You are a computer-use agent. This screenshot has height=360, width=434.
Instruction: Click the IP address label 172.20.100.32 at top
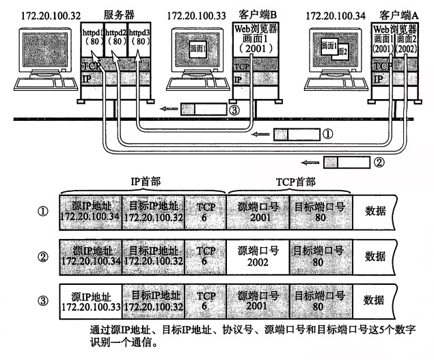(x=41, y=14)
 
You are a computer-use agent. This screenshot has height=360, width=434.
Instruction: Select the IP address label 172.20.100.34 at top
(x=334, y=14)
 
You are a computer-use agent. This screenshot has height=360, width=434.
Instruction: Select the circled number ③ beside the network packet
(x=234, y=109)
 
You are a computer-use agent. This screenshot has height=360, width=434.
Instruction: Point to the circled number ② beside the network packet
(x=379, y=163)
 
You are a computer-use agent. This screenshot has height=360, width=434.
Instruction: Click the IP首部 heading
(x=144, y=182)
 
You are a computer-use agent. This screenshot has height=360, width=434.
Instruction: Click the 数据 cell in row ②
(x=374, y=257)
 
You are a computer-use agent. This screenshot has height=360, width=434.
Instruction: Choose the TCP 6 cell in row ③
(x=204, y=299)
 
